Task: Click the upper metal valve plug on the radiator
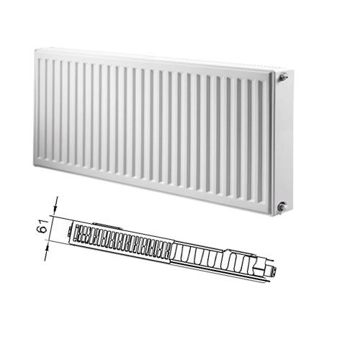[x=283, y=77]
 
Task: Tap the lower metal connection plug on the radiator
[x=282, y=207]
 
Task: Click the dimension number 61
[x=43, y=226]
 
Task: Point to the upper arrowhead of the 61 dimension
[x=55, y=211]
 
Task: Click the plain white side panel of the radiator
[x=284, y=142]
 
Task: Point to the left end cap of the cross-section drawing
[x=70, y=233]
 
